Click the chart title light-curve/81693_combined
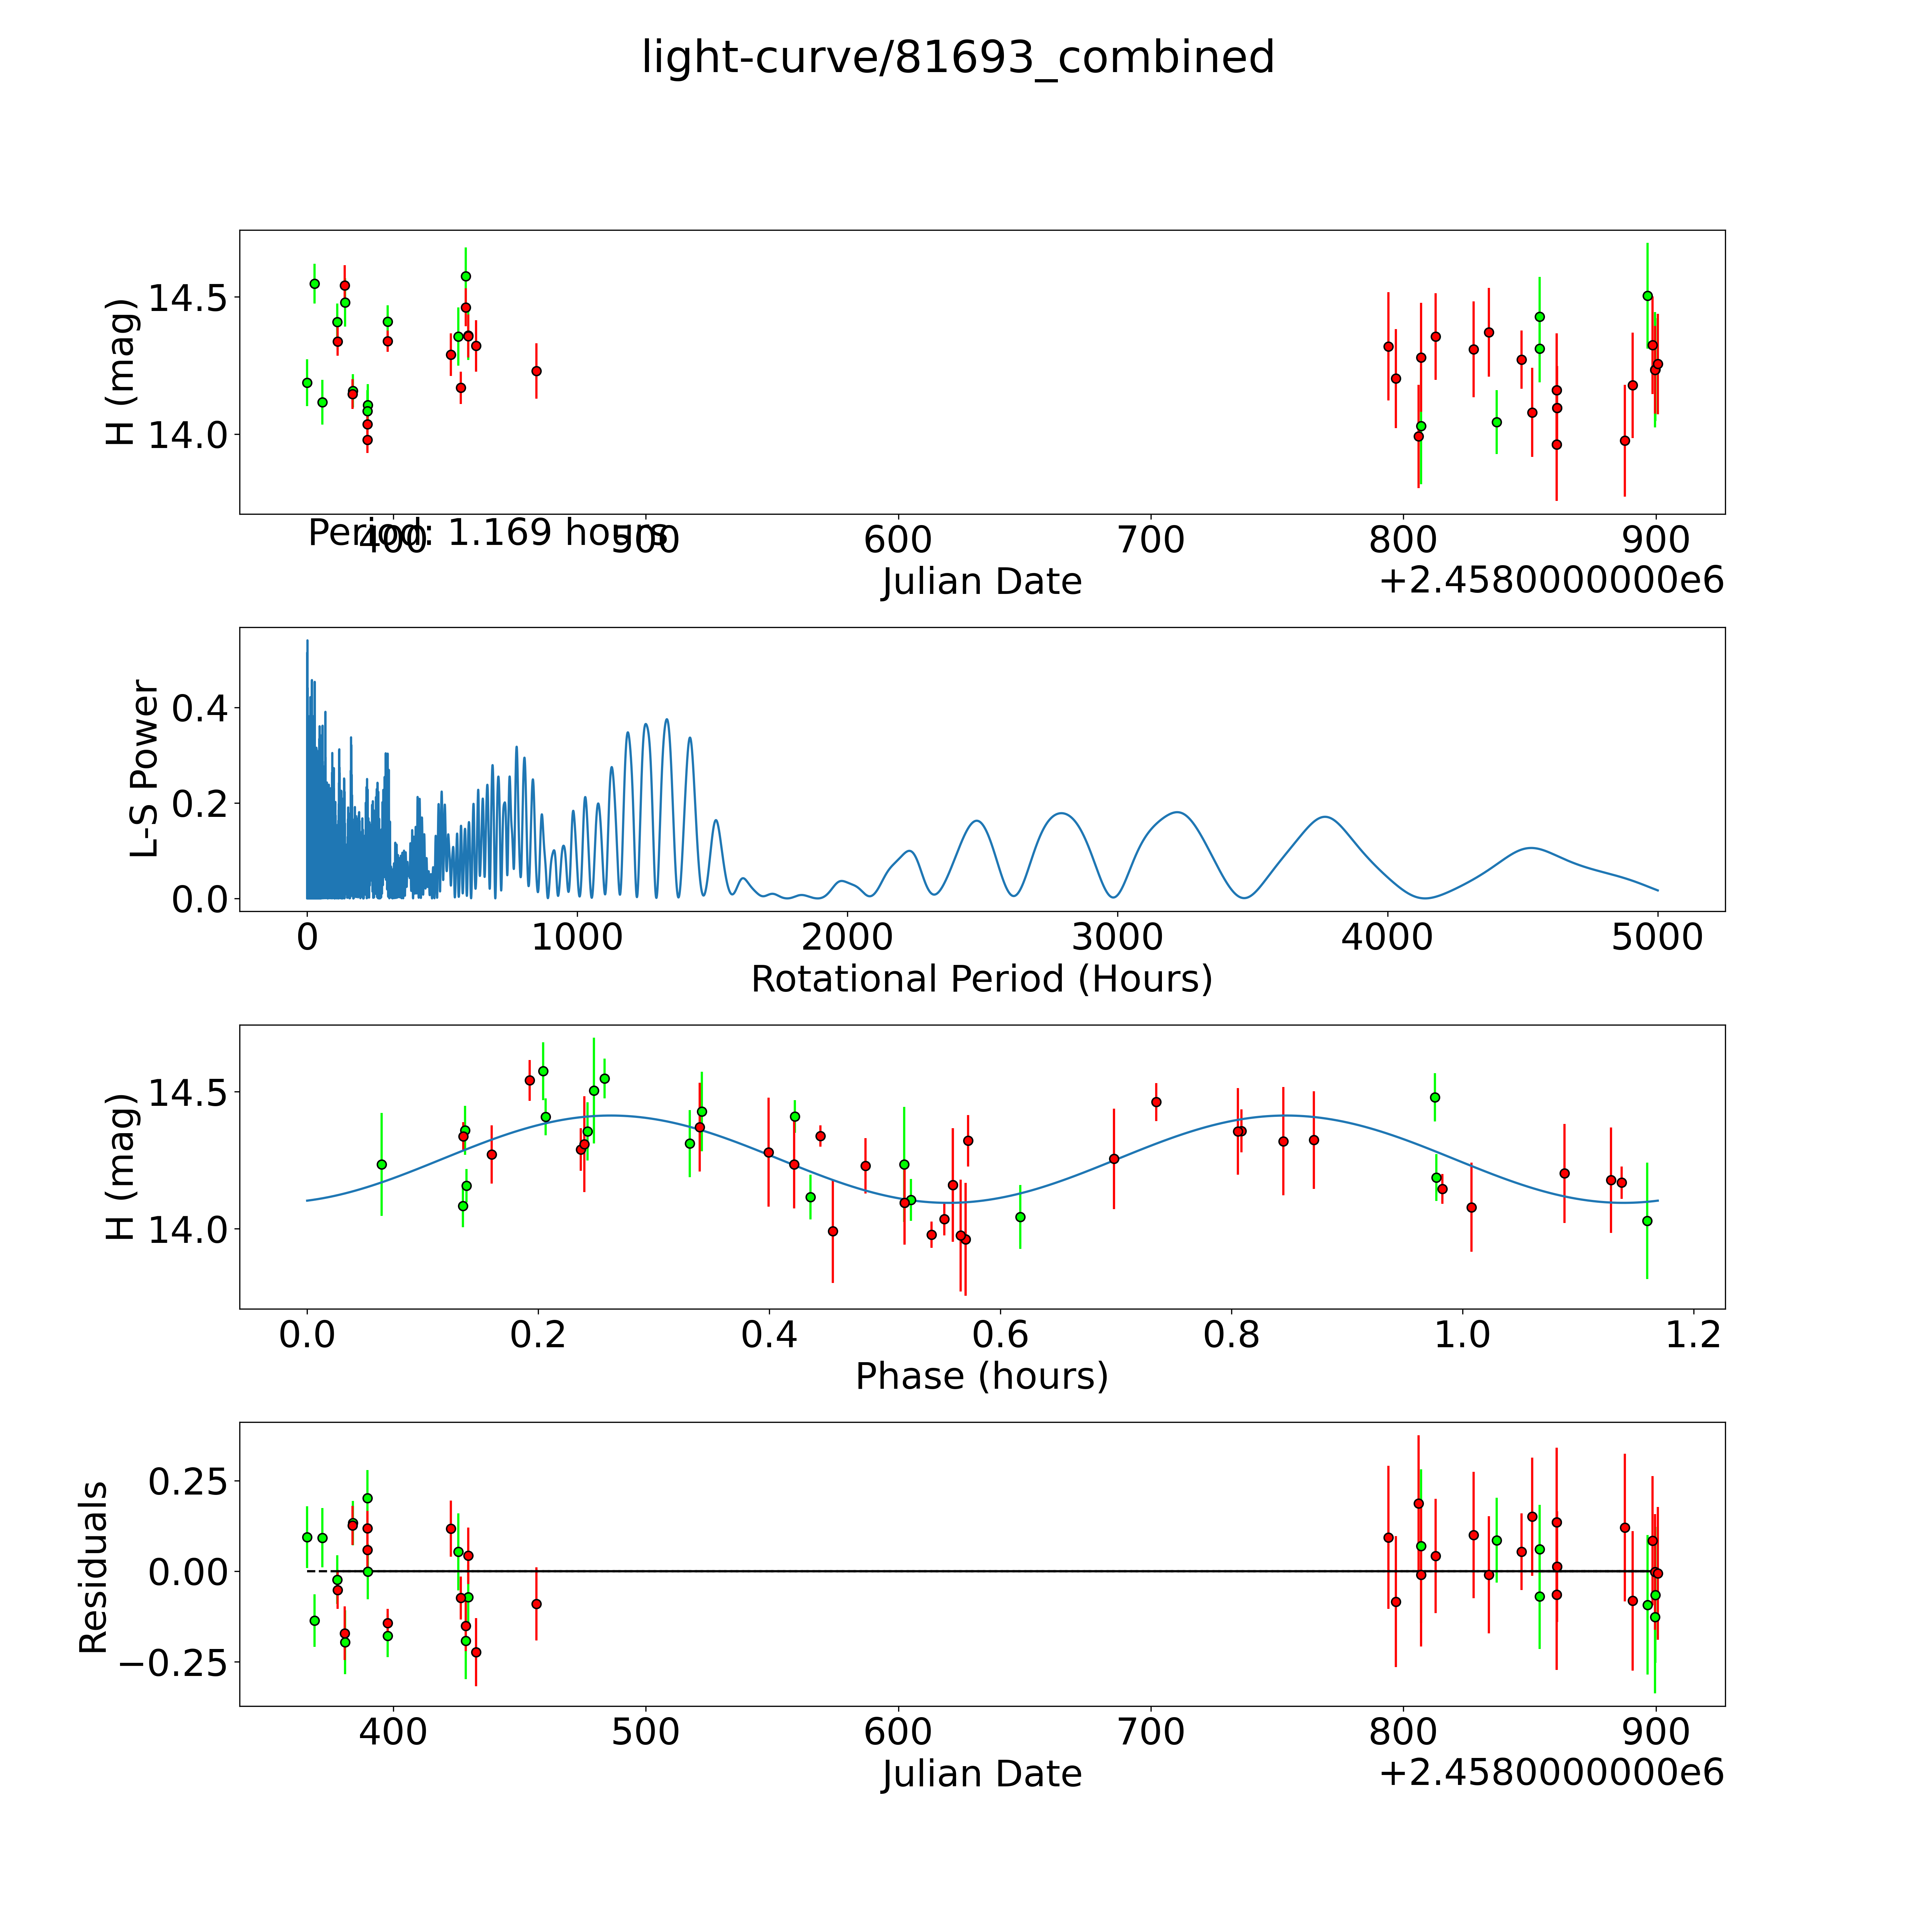tap(957, 58)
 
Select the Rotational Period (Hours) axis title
tap(981, 979)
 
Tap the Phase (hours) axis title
tap(981, 1376)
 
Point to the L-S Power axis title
tap(145, 769)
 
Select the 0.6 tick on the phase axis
tap(1000, 1334)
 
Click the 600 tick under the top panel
tap(898, 541)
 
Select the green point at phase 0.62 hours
tap(1020, 1217)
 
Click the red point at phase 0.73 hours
tap(1156, 1101)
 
